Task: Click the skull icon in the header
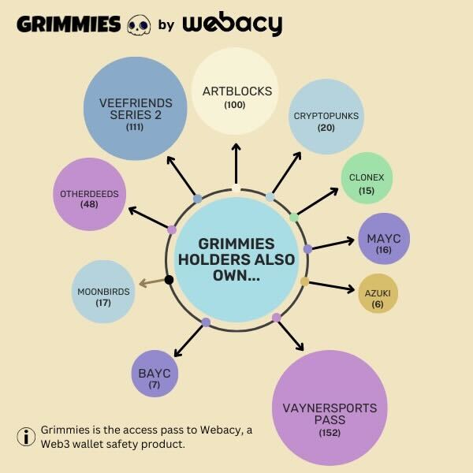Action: tap(138, 24)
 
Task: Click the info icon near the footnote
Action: tap(27, 435)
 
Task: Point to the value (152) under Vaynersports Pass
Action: tap(330, 433)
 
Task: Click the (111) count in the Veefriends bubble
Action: tap(134, 126)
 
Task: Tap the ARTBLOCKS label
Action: tap(236, 91)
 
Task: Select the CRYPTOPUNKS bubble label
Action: tap(326, 115)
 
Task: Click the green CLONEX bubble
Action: tap(367, 177)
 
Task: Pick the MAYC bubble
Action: tap(384, 237)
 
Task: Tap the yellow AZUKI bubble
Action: tap(378, 293)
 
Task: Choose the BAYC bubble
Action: tap(151, 373)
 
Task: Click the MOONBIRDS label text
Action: tap(103, 291)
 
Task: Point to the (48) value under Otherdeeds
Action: tap(88, 204)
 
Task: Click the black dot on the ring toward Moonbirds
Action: tap(169, 279)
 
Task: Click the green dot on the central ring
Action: tap(294, 216)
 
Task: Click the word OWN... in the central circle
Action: tap(236, 276)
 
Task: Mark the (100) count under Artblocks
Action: tap(236, 104)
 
